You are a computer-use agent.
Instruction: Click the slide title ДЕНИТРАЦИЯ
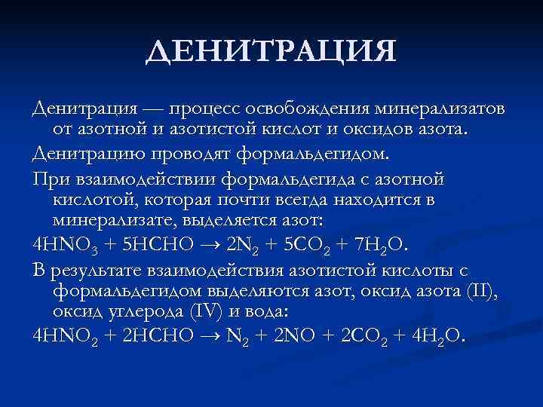click(271, 52)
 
